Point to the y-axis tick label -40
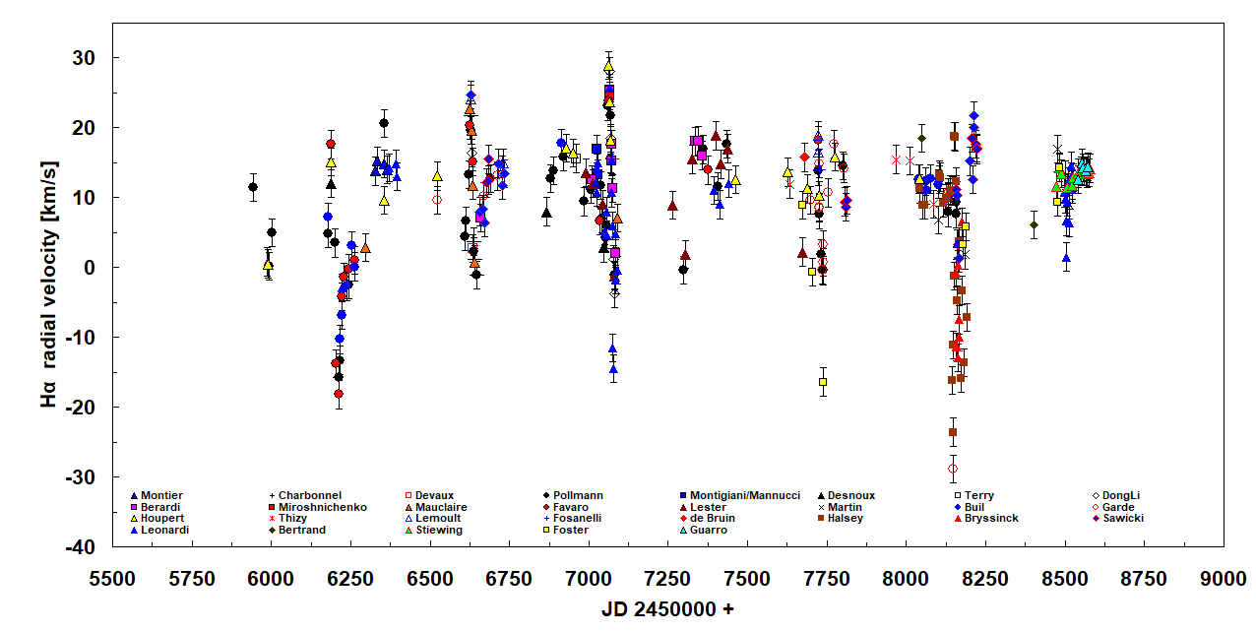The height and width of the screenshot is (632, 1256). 87,546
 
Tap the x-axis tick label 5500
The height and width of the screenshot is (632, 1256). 112,579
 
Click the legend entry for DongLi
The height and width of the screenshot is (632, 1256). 1121,495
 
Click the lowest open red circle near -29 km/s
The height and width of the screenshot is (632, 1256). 953,469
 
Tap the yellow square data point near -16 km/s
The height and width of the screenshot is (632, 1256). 823,382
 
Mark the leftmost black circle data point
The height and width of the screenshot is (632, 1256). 253,187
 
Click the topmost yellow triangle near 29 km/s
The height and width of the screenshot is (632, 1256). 608,67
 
